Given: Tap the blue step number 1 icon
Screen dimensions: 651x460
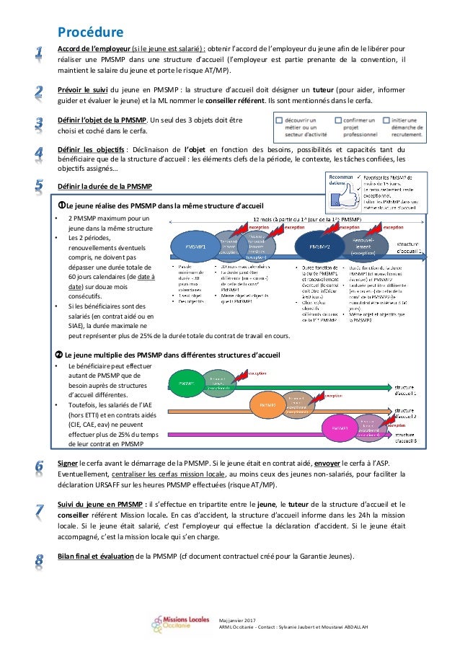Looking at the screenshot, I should [x=40, y=52].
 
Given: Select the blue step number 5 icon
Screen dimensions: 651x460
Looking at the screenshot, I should [x=40, y=185].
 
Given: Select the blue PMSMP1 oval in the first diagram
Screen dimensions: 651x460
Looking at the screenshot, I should [x=196, y=247].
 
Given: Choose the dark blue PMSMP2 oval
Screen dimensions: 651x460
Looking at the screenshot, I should [x=319, y=247].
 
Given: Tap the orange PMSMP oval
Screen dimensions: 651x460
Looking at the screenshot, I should [x=267, y=405].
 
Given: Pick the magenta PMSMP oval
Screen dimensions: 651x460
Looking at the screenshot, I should [x=340, y=428].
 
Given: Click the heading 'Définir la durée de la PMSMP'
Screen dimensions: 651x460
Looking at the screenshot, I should [x=105, y=187].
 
